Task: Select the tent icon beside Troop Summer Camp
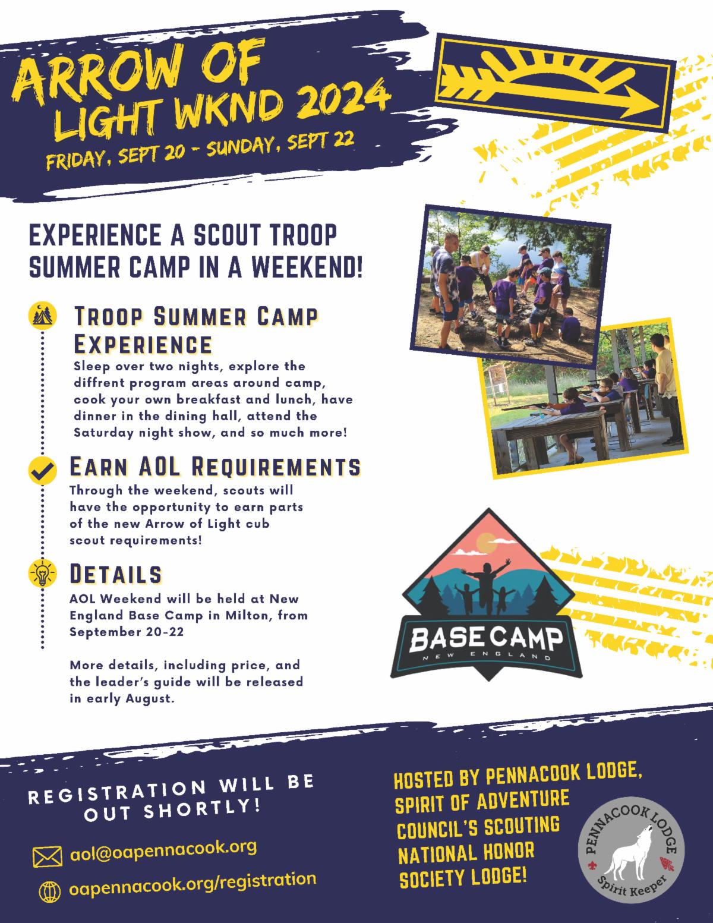point(42,316)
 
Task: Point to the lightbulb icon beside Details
point(42,574)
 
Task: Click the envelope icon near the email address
point(47,857)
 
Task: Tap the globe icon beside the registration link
point(50,892)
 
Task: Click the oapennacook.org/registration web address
point(193,885)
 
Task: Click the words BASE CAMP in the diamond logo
point(486,640)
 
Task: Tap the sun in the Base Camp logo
point(486,543)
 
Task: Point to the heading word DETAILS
point(115,574)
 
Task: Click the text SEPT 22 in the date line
point(321,142)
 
